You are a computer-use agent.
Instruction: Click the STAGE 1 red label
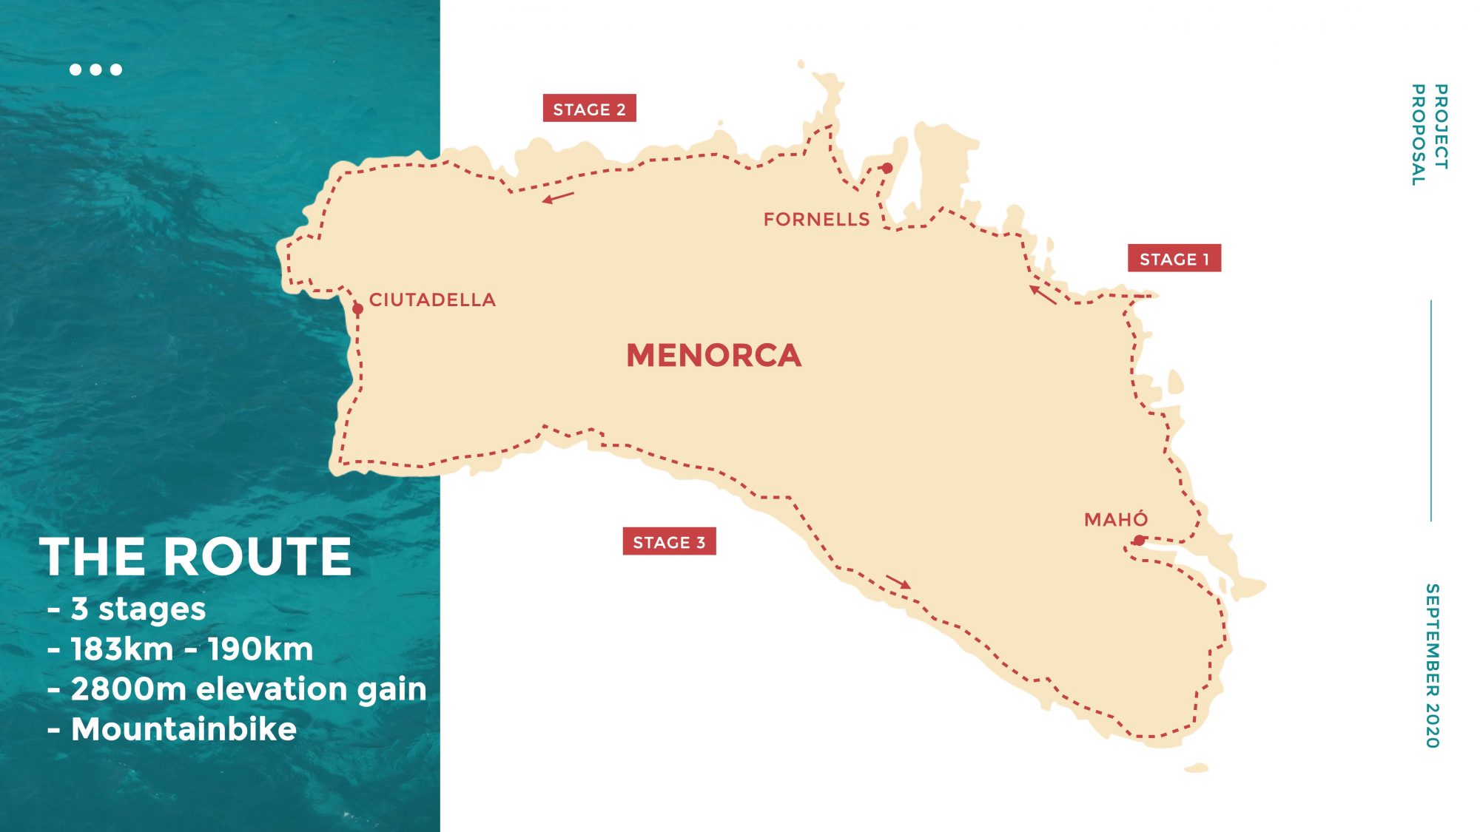tap(1174, 259)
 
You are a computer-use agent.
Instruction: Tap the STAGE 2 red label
tap(589, 109)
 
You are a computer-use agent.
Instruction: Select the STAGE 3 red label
tap(669, 542)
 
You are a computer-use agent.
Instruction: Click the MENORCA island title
tap(713, 356)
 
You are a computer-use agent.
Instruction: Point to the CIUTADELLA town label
tap(432, 300)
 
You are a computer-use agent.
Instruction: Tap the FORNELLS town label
tap(816, 220)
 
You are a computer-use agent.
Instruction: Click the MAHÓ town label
tap(1116, 520)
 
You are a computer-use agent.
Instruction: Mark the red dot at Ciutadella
tap(357, 309)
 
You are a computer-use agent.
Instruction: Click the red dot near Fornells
tap(887, 169)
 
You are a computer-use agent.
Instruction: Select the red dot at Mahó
tap(1140, 541)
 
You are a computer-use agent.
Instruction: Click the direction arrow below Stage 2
tap(558, 197)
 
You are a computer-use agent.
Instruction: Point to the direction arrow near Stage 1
tap(1043, 294)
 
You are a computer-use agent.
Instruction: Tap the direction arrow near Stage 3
tap(898, 582)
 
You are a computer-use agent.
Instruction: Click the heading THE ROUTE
tap(196, 557)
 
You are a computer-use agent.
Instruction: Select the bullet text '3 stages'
tap(138, 609)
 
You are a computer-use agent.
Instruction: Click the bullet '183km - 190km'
tap(192, 649)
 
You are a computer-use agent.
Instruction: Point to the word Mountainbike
tap(184, 729)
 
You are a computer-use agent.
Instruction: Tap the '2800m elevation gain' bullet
tap(249, 689)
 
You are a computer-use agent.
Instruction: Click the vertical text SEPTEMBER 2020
tap(1433, 666)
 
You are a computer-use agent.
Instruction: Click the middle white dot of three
tap(95, 70)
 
